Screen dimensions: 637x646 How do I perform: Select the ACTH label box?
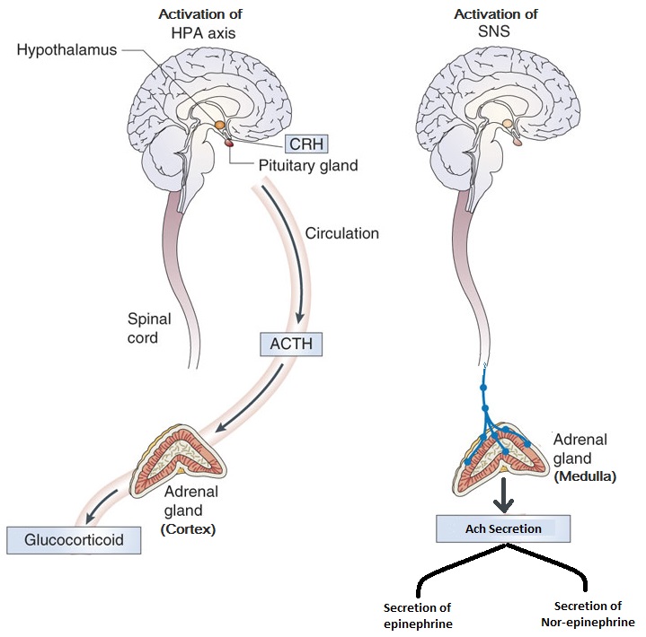coord(289,344)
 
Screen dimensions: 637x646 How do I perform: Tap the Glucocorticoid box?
coord(74,541)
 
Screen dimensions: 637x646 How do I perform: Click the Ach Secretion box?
coord(502,528)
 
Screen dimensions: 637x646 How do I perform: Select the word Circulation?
coord(341,234)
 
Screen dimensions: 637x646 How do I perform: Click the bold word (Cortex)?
coord(188,529)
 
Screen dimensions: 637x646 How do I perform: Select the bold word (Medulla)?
coord(584,476)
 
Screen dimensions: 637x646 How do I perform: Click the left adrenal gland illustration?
coord(181,458)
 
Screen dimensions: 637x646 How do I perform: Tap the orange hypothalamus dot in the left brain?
coord(218,126)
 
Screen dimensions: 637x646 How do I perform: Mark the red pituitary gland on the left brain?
coord(229,142)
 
